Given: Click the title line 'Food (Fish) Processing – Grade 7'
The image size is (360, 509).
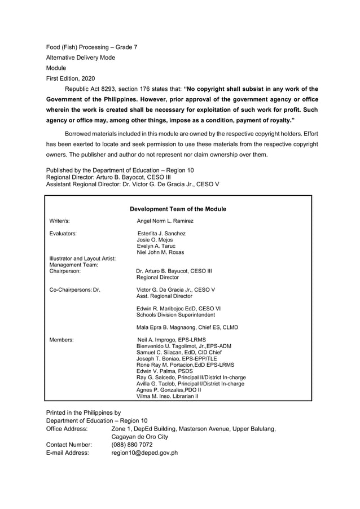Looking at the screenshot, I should (91, 47).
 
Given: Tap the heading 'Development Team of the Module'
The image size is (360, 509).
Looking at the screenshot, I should (178, 209).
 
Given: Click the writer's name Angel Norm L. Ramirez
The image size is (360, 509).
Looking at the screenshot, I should (165, 221).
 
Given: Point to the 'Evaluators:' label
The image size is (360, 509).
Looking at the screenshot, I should (63, 233).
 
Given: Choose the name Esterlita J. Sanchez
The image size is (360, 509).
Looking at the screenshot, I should (161, 233).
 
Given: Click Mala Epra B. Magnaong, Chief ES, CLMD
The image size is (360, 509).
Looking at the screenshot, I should (187, 327).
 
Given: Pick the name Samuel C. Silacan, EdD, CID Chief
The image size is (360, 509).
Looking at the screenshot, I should (182, 352).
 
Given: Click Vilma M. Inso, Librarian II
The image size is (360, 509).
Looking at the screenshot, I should (168, 396).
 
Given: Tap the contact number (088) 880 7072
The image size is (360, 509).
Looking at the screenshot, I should (131, 445).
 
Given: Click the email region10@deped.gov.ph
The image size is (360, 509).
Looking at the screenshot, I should (144, 453).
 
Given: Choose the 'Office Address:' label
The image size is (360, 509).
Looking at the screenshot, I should (67, 429).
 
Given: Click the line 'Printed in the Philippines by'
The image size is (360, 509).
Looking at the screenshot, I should (83, 413).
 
